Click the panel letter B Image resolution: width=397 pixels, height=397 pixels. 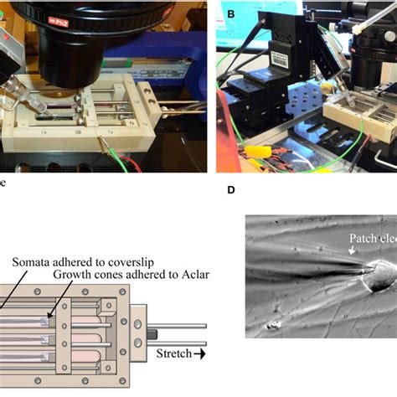click(x=221, y=9)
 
